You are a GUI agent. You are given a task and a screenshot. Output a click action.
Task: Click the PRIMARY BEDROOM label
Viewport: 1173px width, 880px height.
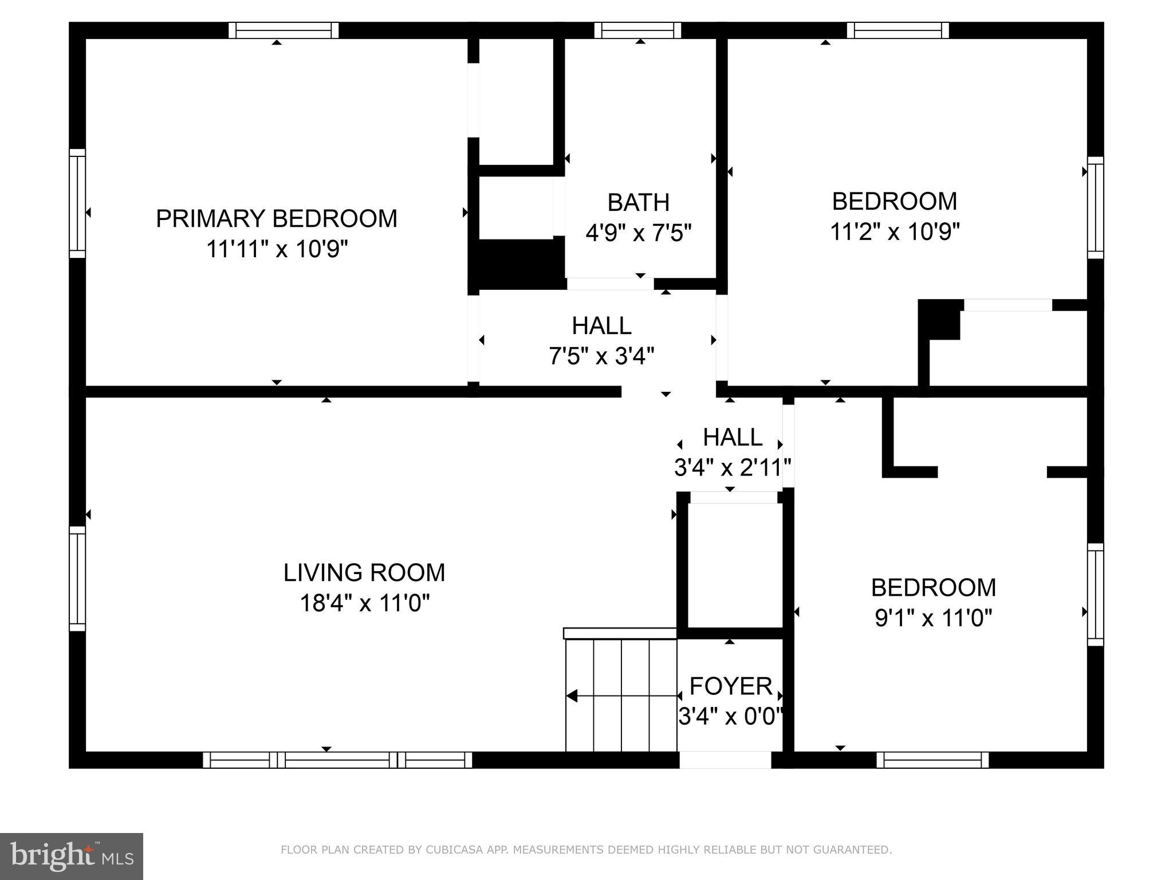[276, 219]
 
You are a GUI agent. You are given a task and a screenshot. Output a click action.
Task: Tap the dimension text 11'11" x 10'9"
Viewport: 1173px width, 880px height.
[277, 249]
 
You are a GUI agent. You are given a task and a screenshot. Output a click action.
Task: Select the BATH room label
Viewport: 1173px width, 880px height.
[638, 202]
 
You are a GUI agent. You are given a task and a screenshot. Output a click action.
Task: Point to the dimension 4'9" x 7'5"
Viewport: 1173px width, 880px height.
[638, 233]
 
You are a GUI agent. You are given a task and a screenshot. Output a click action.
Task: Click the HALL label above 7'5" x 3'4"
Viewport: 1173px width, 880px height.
[601, 326]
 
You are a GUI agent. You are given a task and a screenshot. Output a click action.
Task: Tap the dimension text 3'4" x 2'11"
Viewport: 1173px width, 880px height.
[732, 467]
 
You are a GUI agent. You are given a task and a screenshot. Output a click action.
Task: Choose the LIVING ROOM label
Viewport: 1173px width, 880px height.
[364, 572]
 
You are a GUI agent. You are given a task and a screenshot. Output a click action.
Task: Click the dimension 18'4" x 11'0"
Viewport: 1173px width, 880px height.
[364, 603]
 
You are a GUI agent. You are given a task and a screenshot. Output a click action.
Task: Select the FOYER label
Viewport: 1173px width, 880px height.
[730, 686]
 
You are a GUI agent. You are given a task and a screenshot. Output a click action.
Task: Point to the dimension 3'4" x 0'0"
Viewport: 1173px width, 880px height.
[730, 716]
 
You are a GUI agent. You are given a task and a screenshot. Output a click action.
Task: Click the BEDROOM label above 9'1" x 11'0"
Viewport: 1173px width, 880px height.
[933, 587]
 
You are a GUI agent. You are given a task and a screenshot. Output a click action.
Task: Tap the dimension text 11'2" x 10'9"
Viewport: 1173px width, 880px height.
[895, 232]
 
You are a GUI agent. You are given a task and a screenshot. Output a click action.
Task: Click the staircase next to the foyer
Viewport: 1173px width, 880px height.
[621, 694]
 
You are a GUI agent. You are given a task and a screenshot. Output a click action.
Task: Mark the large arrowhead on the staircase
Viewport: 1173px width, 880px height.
[572, 696]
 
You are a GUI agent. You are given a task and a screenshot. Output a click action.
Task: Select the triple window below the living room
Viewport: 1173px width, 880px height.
[337, 760]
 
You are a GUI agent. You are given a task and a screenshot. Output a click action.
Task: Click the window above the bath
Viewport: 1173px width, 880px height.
[637, 30]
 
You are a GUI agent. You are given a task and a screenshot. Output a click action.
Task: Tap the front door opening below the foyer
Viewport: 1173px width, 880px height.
[725, 760]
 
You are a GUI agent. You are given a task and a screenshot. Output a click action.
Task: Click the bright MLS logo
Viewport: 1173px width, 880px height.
[71, 856]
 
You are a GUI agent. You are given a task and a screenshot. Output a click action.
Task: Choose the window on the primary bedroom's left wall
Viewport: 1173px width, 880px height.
[77, 203]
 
